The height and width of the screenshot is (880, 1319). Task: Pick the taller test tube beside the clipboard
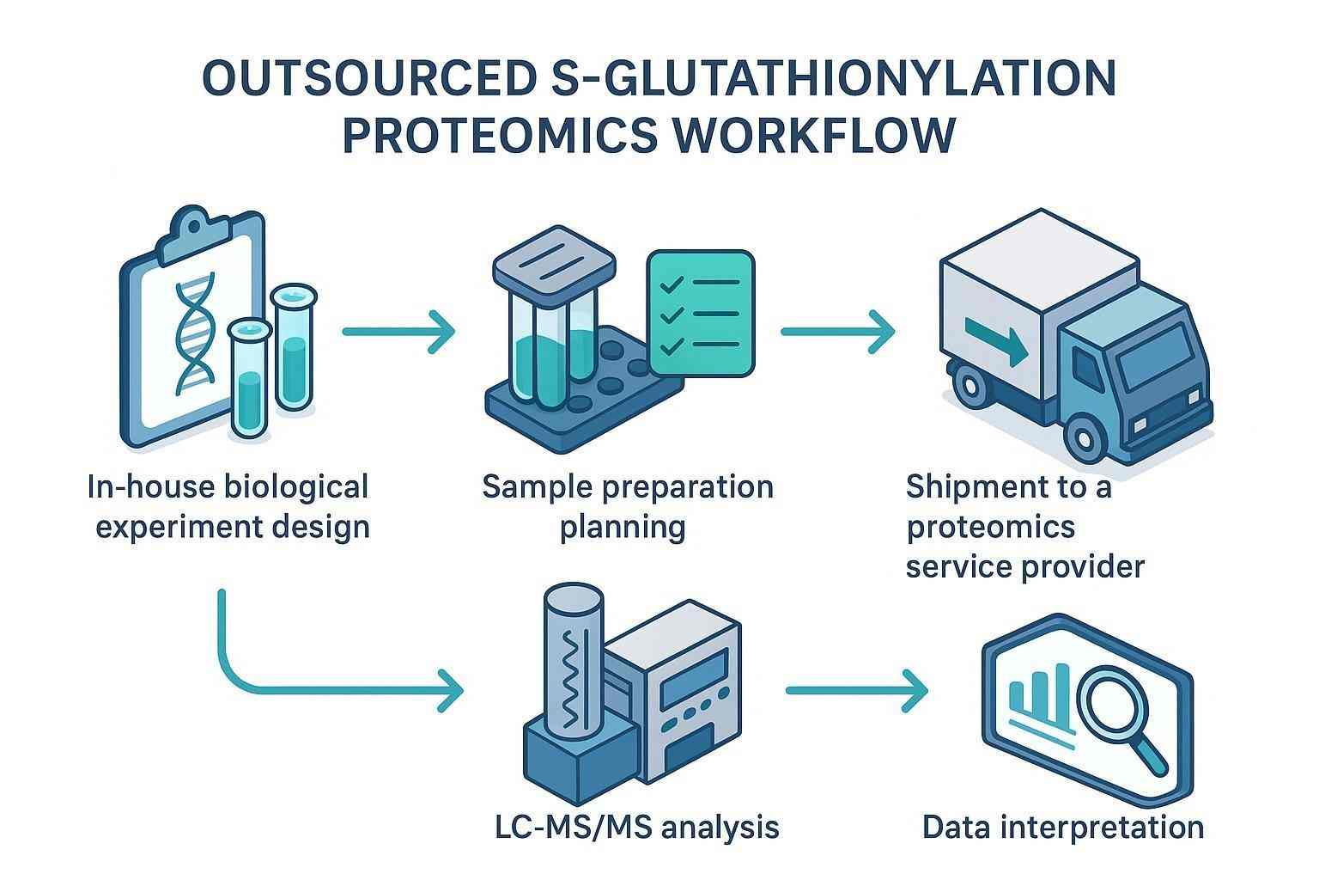(x=293, y=348)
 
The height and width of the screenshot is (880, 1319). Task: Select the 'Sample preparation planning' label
(x=627, y=506)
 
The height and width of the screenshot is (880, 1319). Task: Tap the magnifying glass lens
(x=1113, y=683)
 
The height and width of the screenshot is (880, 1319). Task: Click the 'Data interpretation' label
(x=1062, y=828)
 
